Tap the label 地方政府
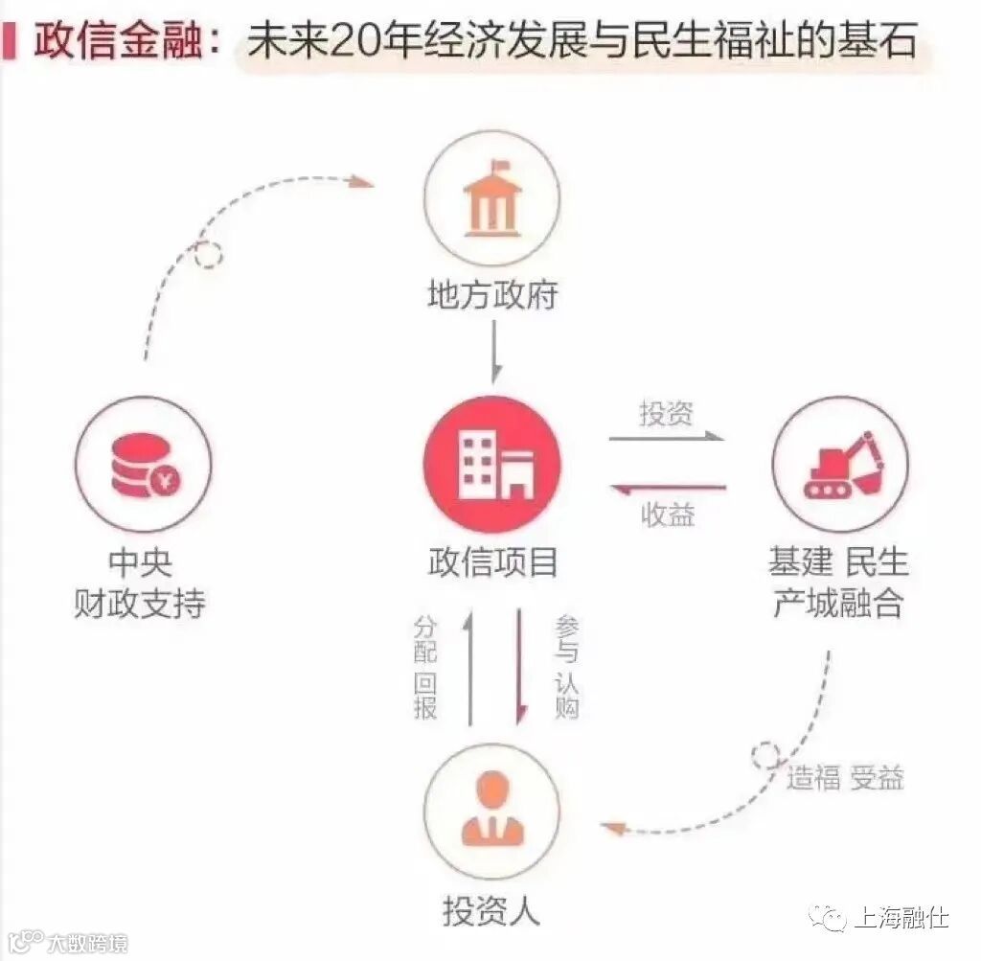coord(491,295)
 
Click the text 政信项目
coord(492,562)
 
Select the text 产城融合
coord(838,604)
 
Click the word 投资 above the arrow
coord(667,414)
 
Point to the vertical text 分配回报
coord(425,668)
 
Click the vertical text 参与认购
coord(566,668)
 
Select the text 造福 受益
coord(845,777)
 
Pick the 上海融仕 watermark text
coord(900,917)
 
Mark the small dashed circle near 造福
coord(765,755)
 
